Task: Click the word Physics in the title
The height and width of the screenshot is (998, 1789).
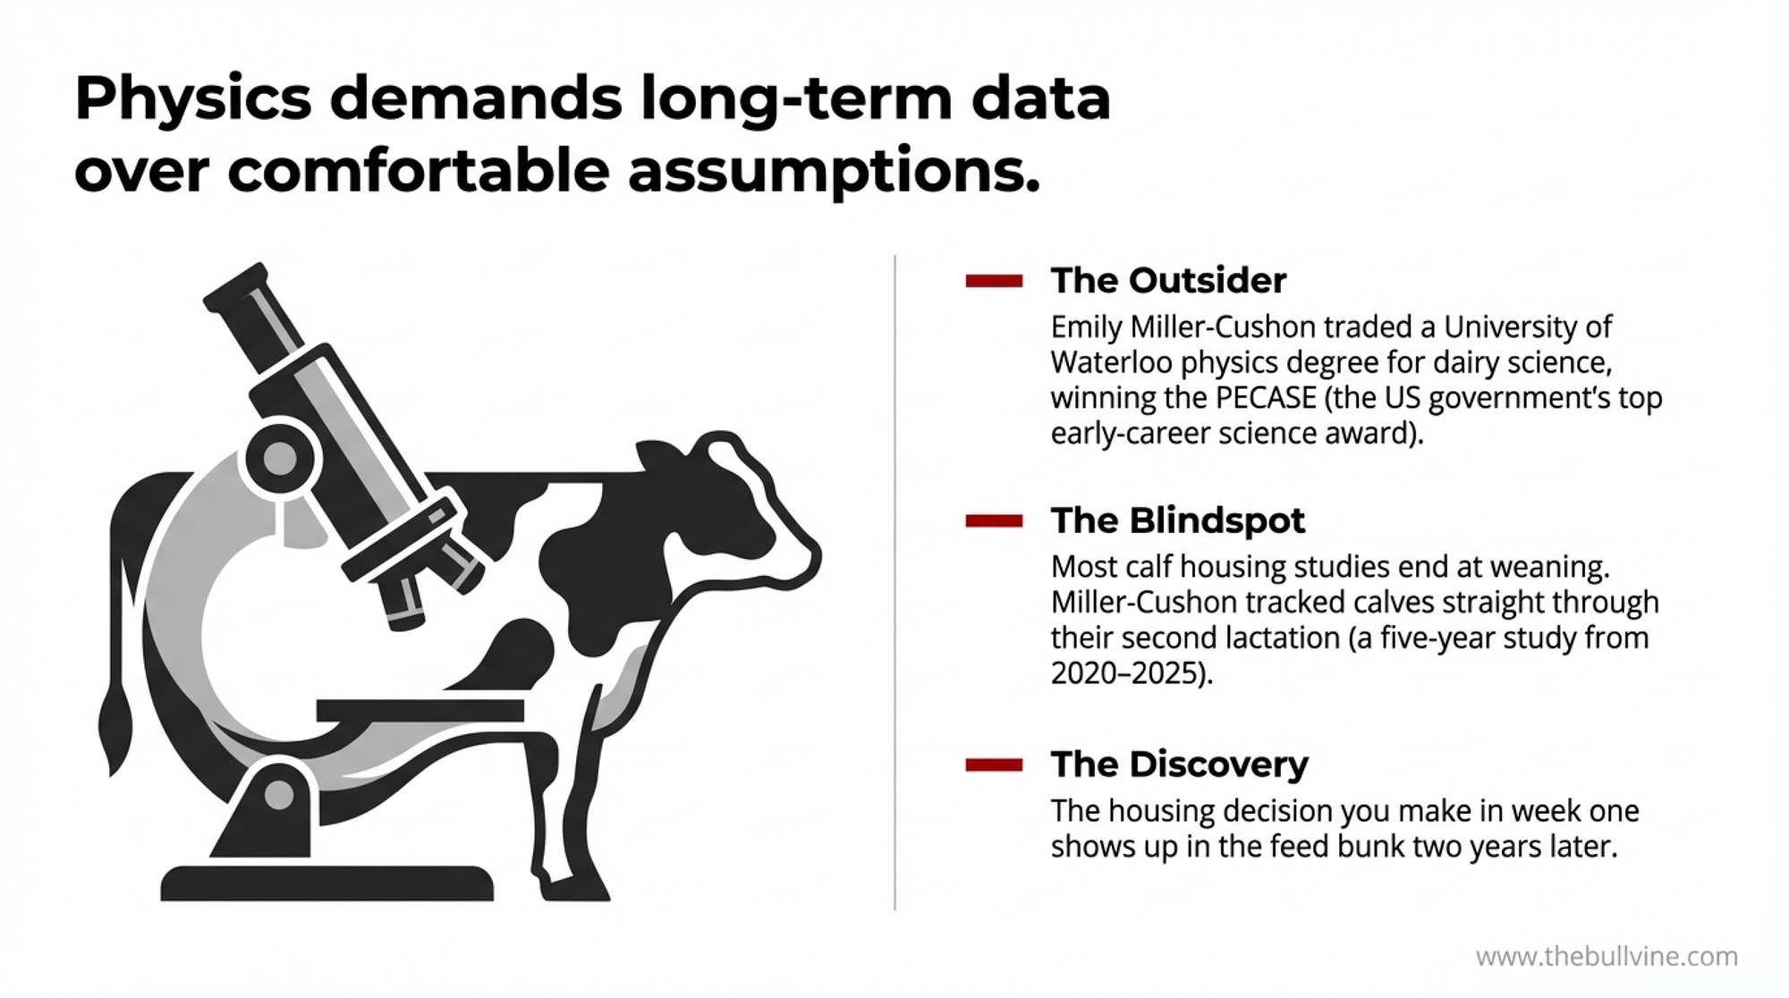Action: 193,100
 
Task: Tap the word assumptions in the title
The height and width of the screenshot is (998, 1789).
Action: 835,172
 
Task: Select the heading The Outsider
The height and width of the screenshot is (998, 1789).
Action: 1168,281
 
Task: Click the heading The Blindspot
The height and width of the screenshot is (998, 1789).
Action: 1178,520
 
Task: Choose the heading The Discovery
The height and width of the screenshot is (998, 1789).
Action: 1179,765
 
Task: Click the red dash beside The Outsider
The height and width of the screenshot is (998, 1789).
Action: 994,282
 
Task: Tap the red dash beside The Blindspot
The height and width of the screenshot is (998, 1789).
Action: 994,521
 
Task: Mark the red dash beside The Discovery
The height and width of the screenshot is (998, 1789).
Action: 994,765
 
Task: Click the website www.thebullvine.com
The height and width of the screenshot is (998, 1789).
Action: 1607,957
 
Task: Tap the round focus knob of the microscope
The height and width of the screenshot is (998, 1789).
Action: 279,459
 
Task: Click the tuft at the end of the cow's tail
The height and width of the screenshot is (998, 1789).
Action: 114,729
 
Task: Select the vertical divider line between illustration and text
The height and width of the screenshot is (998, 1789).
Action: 894,582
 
